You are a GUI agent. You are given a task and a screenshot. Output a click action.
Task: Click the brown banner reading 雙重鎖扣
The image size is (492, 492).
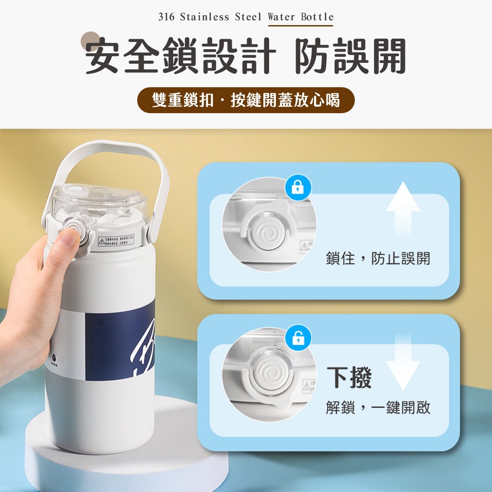click(x=246, y=100)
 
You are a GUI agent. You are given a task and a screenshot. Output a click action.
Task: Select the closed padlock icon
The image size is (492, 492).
click(x=298, y=187)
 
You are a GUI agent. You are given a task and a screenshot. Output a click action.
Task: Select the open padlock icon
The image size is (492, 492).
click(x=298, y=338)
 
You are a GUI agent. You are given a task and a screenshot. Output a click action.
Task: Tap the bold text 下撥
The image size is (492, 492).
click(x=349, y=377)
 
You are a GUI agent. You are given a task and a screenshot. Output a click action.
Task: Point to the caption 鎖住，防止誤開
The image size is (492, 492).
click(x=378, y=258)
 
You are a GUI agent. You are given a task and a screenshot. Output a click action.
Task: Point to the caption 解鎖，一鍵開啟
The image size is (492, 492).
click(x=378, y=407)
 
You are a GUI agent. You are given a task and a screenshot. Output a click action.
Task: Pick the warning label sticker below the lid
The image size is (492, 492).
click(x=117, y=241)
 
